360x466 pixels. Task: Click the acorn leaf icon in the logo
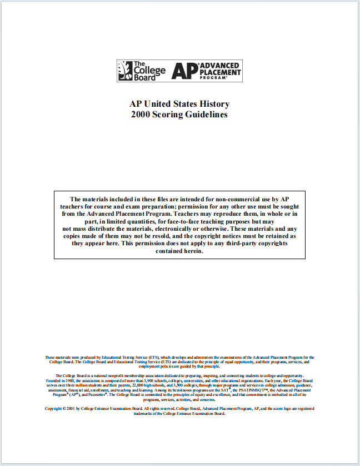[x=125, y=71]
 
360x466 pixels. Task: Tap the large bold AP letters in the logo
[x=182, y=71]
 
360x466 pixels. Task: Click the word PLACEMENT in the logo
[x=221, y=72]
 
